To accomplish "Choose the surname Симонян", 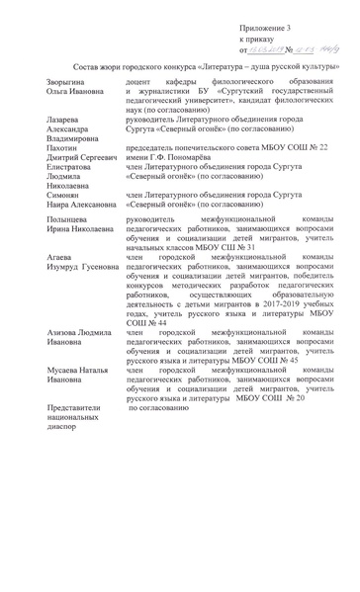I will [x=66, y=224].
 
